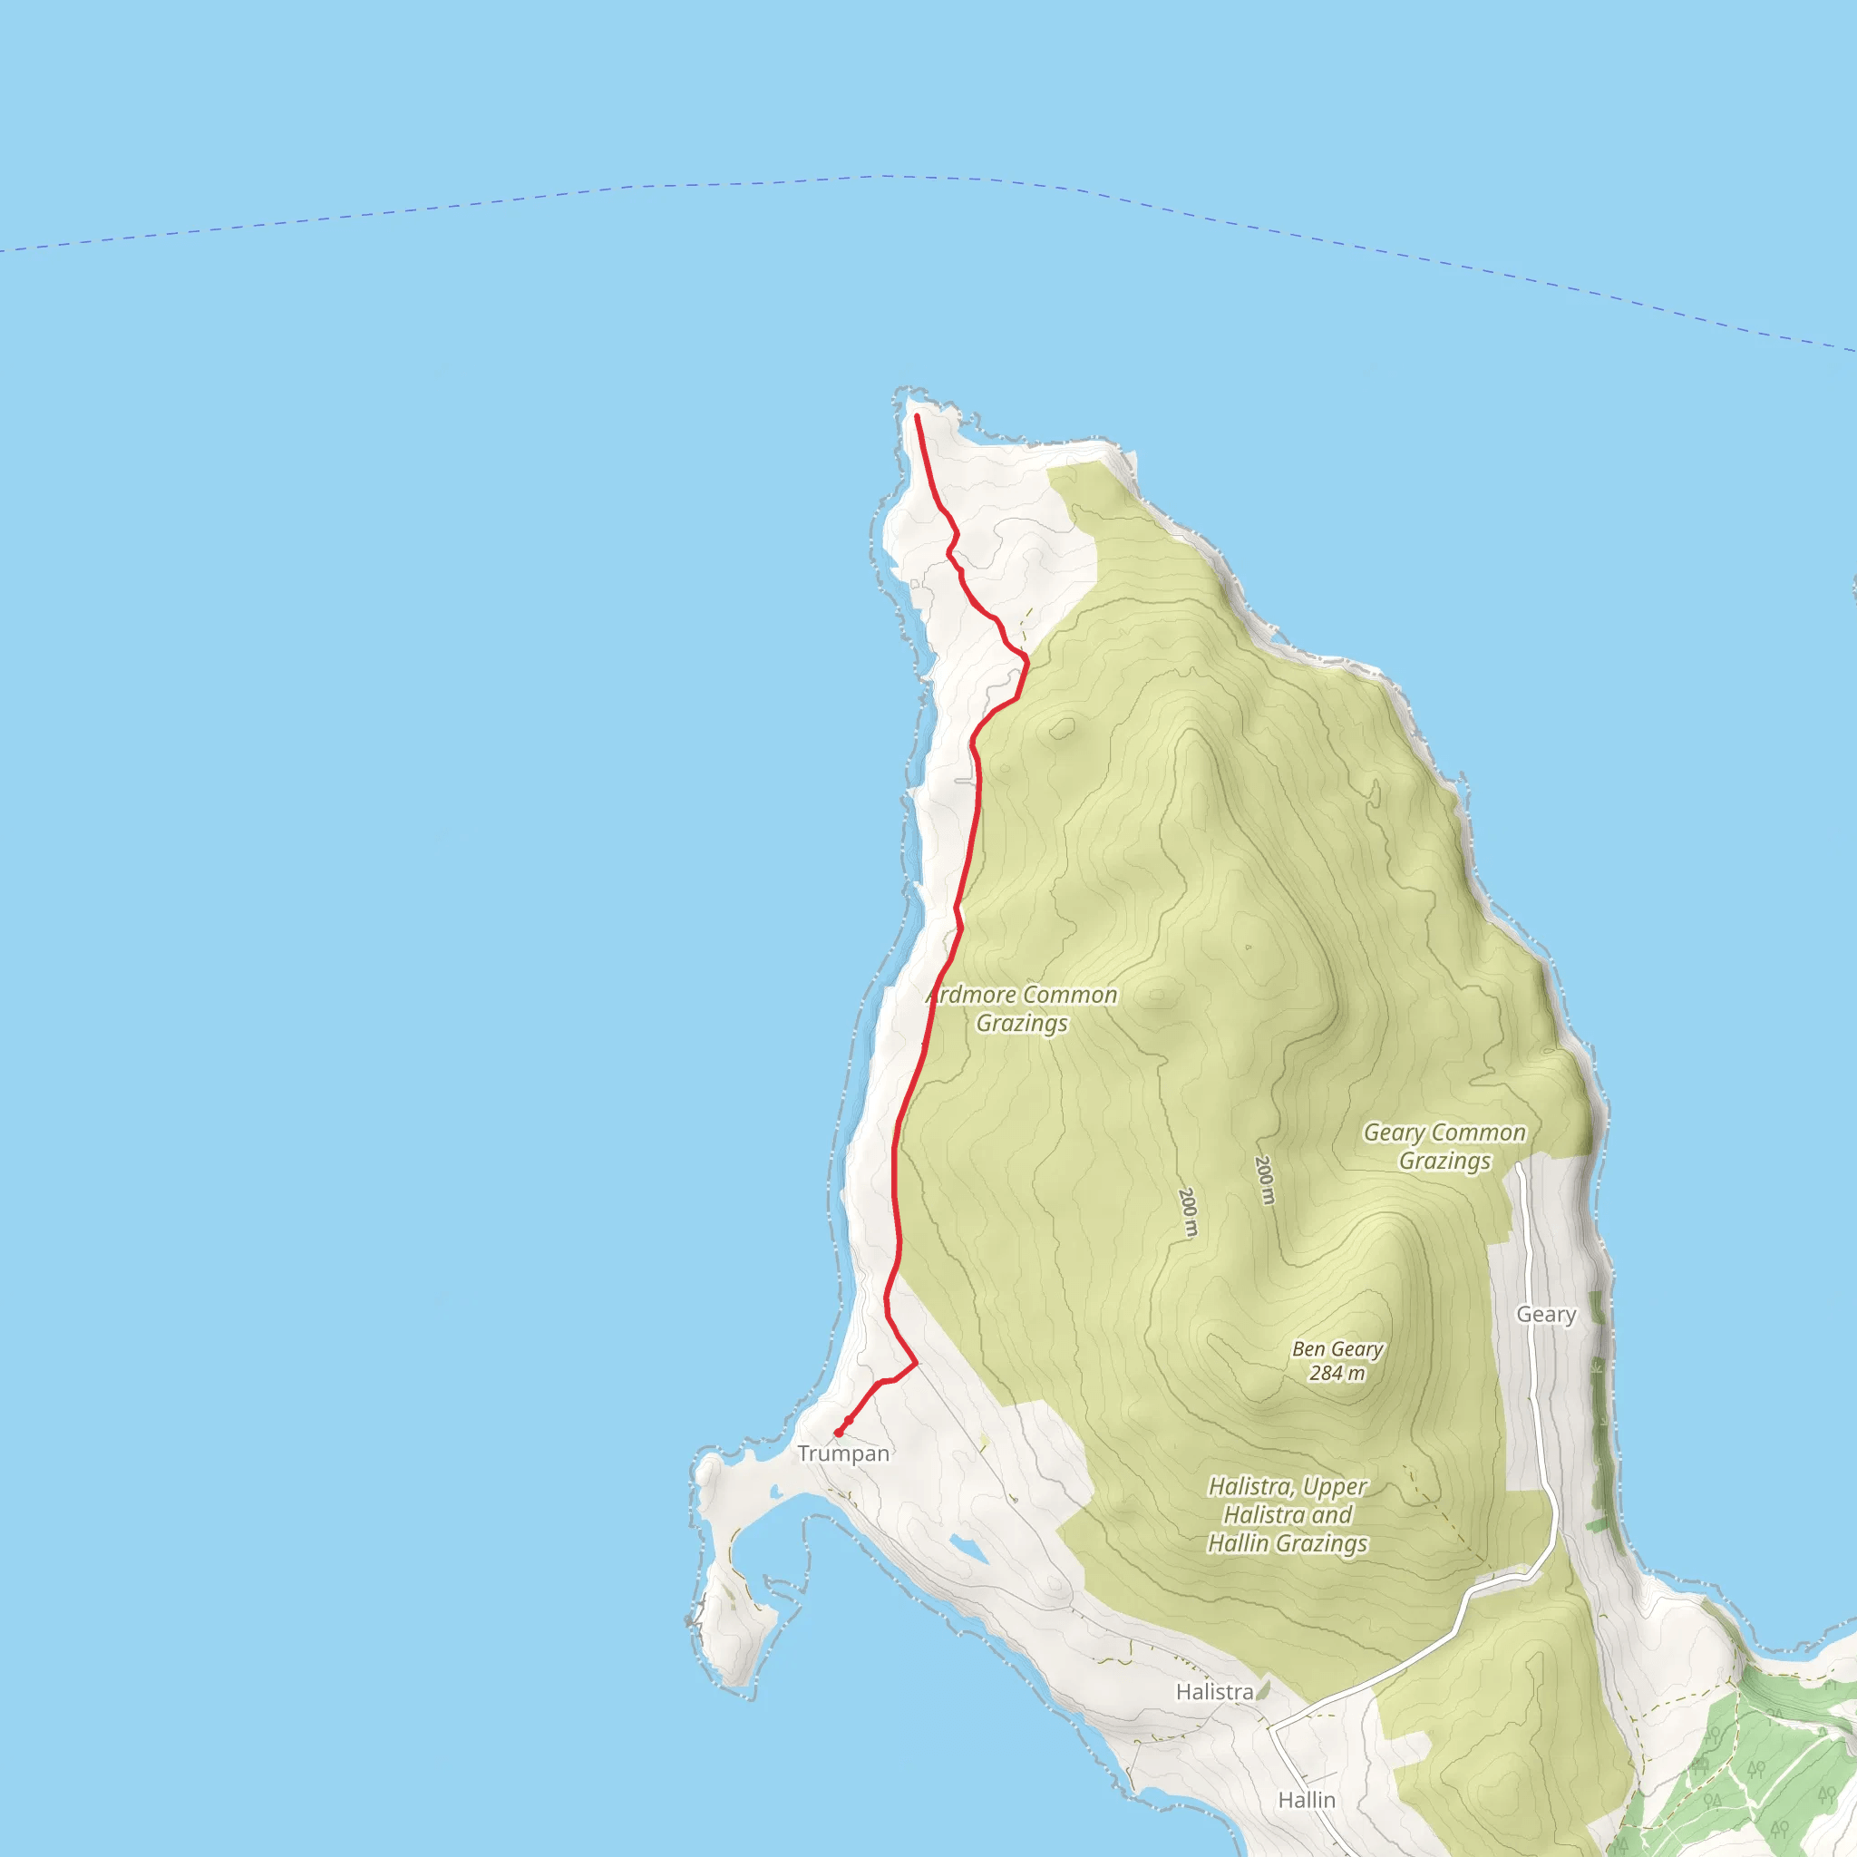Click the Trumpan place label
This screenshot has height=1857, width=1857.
point(843,1454)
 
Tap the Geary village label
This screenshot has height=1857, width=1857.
point(1546,1314)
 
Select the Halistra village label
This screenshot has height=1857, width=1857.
point(1214,1692)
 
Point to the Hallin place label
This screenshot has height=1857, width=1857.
point(1307,1799)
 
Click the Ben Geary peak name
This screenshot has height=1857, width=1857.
point(1337,1349)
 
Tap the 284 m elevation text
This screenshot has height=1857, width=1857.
point(1337,1374)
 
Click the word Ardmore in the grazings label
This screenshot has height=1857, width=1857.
point(971,995)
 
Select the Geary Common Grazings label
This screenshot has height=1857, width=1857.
point(1444,1147)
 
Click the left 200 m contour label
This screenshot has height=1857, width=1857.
point(1188,1212)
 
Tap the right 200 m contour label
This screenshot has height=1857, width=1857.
point(1265,1180)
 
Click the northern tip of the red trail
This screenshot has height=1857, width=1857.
point(917,416)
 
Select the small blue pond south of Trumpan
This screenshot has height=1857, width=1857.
point(967,1549)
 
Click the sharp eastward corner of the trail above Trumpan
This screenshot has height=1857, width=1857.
point(916,1363)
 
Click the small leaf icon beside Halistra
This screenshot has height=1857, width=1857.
point(1263,1688)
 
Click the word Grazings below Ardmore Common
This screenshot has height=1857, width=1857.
point(1022,1024)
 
